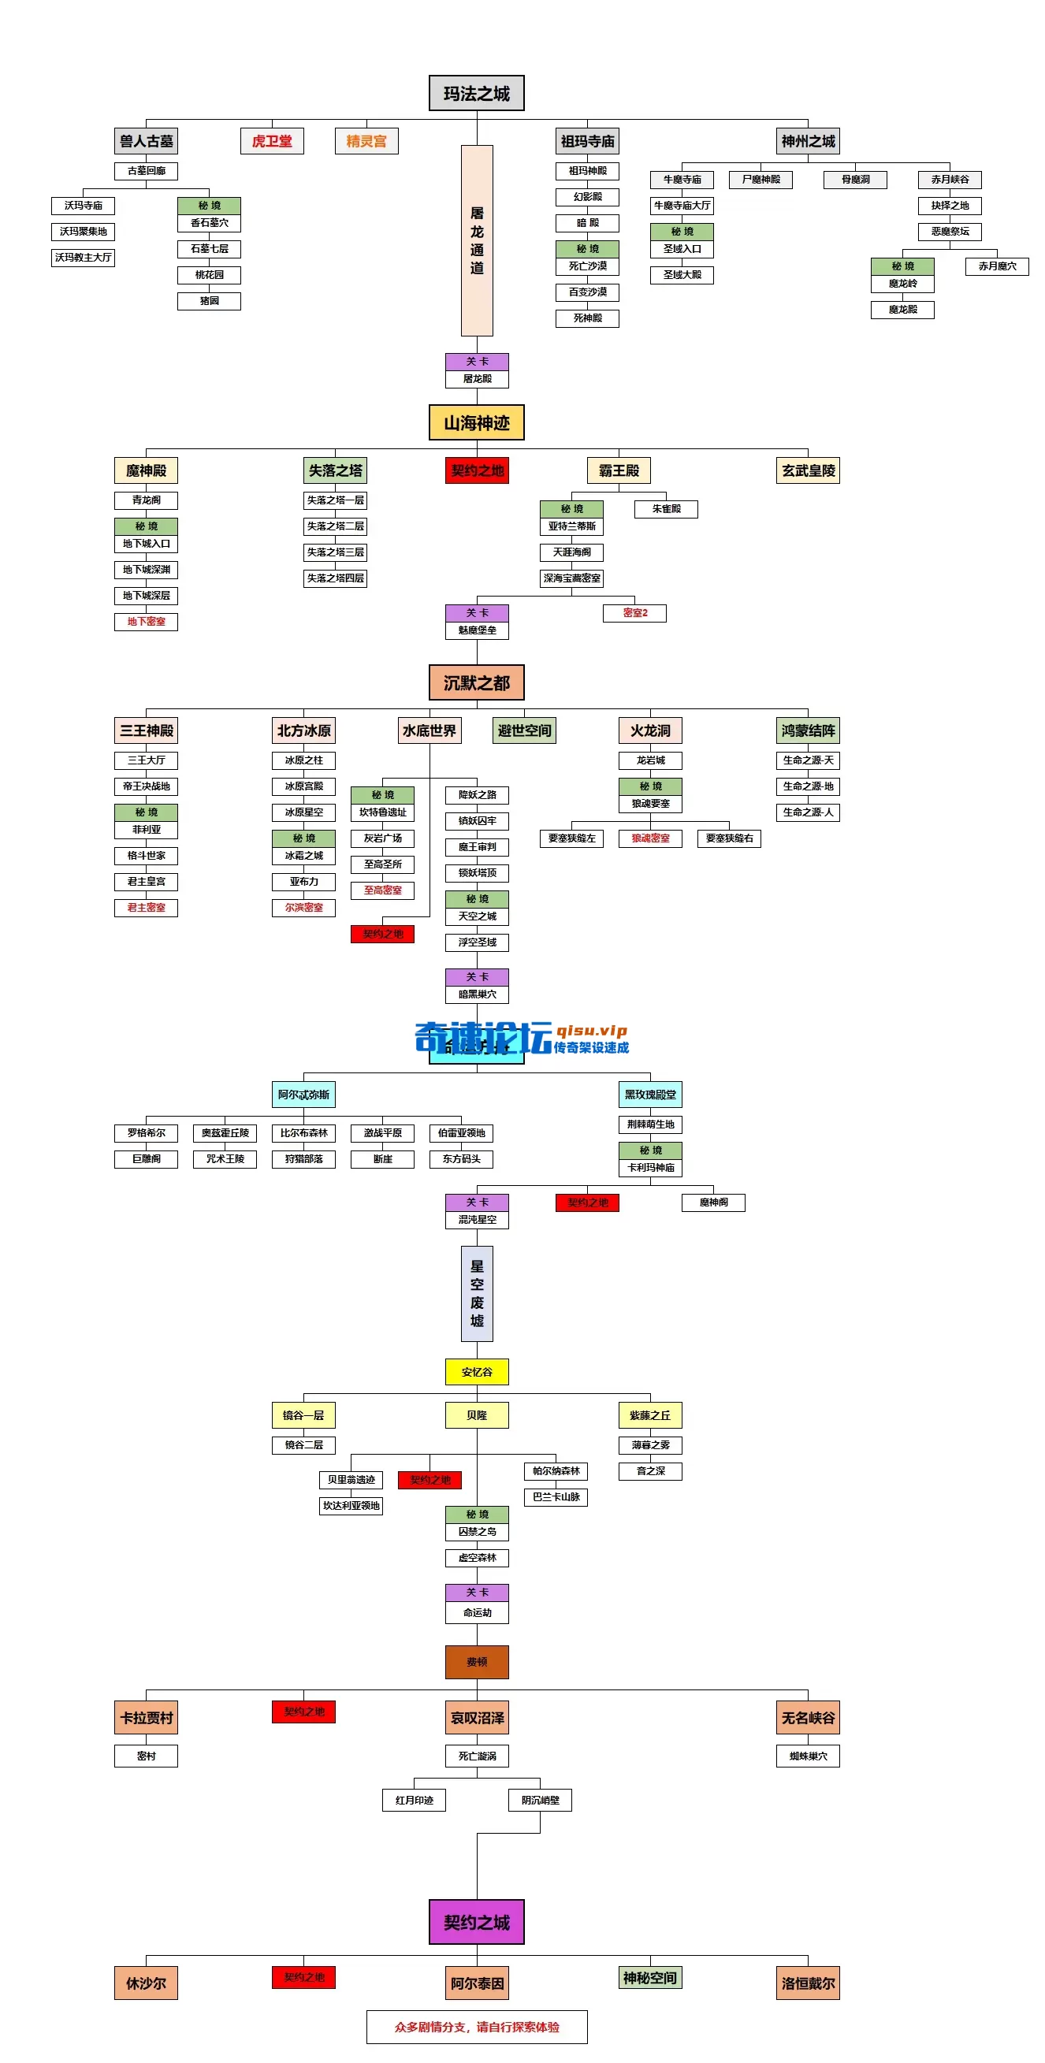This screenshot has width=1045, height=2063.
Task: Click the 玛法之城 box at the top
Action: [x=477, y=94]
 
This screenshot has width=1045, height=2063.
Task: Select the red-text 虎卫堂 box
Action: [x=271, y=141]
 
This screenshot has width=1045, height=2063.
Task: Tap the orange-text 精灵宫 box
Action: [x=366, y=141]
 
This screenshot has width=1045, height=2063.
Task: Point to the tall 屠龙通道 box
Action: [x=477, y=240]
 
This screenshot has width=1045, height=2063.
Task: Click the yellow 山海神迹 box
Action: [x=477, y=423]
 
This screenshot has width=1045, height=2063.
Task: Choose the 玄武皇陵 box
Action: [x=808, y=471]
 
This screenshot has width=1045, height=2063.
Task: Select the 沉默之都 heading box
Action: [x=477, y=683]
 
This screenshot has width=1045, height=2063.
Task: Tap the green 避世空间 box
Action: [x=524, y=730]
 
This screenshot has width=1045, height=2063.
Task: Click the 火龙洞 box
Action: [x=650, y=730]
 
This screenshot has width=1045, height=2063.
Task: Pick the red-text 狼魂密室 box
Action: [x=650, y=838]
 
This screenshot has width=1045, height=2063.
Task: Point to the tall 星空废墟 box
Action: [x=477, y=1293]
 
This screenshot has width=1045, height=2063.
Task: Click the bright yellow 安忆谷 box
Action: [x=477, y=1372]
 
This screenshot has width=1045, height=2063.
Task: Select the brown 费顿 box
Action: [x=477, y=1662]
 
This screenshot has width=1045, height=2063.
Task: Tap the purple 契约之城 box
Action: [x=477, y=1922]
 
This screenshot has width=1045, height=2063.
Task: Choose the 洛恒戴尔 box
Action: [x=808, y=1983]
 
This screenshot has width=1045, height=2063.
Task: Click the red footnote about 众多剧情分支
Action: [x=477, y=2027]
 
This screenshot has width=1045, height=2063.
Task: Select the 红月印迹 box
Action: [x=414, y=1801]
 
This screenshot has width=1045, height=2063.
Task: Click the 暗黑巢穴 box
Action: [x=477, y=994]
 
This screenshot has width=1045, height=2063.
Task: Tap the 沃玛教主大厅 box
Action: [x=84, y=258]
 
